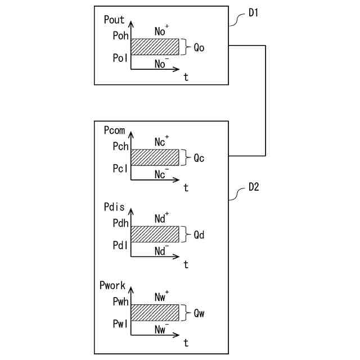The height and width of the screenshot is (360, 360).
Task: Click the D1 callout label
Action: click(254, 13)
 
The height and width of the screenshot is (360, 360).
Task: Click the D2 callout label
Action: click(254, 188)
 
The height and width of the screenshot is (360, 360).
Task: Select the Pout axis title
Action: click(114, 20)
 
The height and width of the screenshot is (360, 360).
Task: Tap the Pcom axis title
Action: click(115, 130)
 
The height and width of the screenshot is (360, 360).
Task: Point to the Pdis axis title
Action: click(114, 208)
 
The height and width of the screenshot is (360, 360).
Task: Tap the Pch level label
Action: click(120, 147)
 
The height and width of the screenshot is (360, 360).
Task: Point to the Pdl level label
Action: click(120, 245)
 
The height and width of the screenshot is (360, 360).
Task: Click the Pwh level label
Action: click(120, 302)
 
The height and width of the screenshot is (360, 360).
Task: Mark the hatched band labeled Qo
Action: click(155, 47)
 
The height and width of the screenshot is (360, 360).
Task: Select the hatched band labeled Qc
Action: click(155, 157)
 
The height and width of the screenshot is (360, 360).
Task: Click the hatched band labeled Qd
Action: click(155, 234)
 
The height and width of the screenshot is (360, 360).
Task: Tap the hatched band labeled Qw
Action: click(155, 312)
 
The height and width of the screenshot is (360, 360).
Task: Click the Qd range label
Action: click(198, 235)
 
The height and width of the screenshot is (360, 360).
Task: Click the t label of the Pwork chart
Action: click(186, 342)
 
